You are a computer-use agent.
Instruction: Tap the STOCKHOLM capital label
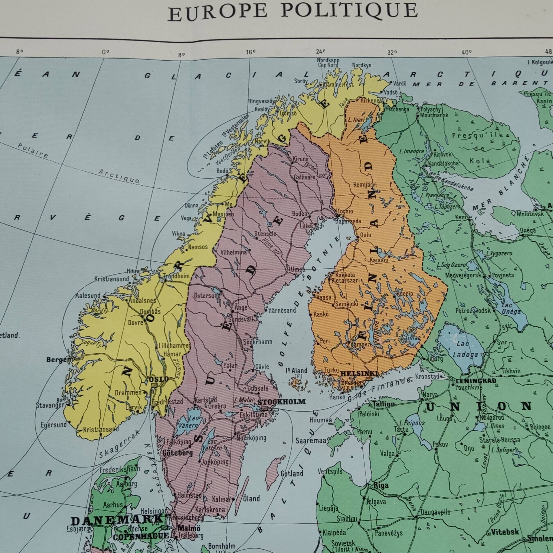point(281,402)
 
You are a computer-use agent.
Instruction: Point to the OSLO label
point(159,379)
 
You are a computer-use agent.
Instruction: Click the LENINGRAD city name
point(476,381)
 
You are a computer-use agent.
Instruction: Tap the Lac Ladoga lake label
point(465,349)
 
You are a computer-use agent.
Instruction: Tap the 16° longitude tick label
point(250,52)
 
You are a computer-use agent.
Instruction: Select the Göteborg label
point(177,453)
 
